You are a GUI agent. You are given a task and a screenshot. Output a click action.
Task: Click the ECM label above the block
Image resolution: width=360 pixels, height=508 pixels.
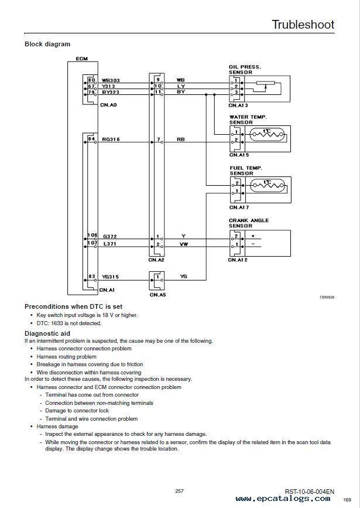tap(82, 59)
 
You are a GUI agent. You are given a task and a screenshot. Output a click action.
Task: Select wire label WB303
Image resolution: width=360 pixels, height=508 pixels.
tap(111, 80)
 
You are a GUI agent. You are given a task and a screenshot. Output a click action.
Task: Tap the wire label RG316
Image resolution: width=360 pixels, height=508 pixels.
tap(111, 139)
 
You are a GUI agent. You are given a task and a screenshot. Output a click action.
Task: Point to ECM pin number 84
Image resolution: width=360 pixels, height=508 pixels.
tap(92, 139)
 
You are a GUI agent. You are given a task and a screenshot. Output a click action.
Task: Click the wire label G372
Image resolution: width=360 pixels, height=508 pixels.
tap(109, 237)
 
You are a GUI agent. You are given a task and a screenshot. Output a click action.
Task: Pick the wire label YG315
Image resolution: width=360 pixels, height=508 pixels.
tap(111, 277)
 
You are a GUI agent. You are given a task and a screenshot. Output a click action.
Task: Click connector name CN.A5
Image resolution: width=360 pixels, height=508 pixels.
tap(157, 295)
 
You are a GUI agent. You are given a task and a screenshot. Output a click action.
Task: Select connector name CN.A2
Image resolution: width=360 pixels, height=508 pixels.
tap(157, 260)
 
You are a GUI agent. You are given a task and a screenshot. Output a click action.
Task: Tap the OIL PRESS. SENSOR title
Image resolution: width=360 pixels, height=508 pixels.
tap(245, 70)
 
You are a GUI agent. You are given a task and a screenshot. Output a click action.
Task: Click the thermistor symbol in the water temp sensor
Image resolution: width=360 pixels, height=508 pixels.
tap(268, 134)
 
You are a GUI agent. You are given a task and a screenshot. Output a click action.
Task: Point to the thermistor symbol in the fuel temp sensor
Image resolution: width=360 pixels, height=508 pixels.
tap(269, 185)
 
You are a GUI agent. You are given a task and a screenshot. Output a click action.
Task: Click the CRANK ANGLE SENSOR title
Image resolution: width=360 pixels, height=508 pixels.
tap(249, 223)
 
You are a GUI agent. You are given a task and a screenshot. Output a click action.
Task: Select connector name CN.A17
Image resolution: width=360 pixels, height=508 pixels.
tap(239, 207)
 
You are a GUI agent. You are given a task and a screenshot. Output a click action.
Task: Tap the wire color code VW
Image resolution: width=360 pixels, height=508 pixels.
tap(184, 244)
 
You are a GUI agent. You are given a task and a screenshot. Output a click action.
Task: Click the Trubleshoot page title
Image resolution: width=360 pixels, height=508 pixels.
tap(303, 25)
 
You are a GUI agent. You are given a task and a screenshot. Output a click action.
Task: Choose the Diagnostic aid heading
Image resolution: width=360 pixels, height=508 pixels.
tap(47, 333)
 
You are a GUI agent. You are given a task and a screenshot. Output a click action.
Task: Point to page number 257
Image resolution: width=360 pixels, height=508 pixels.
tap(179, 491)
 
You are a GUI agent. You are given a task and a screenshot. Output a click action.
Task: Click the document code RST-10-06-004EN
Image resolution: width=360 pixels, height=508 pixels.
tap(310, 492)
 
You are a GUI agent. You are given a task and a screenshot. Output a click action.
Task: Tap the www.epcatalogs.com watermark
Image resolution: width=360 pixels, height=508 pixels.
tap(283, 499)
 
